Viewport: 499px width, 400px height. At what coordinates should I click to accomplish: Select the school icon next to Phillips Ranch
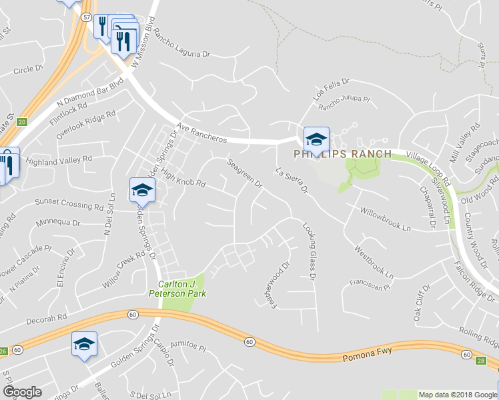[x=316, y=140]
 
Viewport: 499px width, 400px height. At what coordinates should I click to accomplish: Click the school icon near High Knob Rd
[x=142, y=191]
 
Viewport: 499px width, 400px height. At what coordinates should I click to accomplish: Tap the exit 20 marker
[x=22, y=122]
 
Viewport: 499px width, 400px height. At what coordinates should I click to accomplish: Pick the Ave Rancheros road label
[x=202, y=133]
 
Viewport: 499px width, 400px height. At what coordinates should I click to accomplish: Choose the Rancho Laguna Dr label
[x=181, y=42]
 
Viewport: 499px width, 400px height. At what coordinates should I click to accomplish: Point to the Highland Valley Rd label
[x=59, y=161]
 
